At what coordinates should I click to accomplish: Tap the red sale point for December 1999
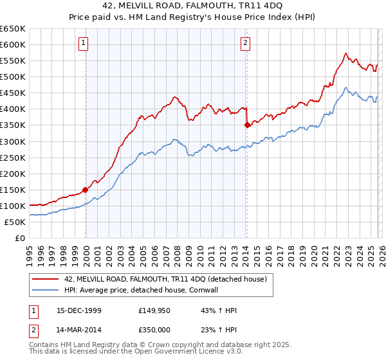(x=86, y=190)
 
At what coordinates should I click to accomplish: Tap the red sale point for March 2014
(x=247, y=125)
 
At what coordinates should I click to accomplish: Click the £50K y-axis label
(x=15, y=222)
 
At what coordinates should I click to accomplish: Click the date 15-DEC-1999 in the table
(x=75, y=311)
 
